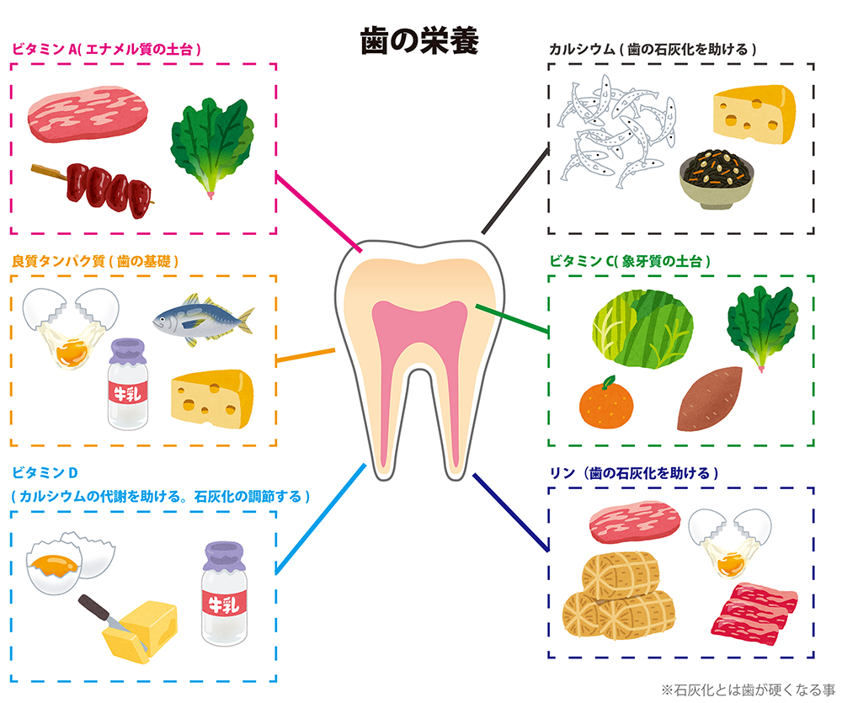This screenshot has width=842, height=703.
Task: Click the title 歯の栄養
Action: tap(419, 41)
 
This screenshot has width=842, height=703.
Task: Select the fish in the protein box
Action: tap(204, 321)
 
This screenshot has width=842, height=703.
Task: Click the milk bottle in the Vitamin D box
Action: tap(225, 594)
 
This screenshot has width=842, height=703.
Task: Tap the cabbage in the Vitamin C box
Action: tap(642, 328)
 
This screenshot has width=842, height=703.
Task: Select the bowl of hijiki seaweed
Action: tap(717, 180)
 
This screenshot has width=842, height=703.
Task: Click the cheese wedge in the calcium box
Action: tap(754, 114)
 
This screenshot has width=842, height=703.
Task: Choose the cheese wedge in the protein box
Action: tap(212, 398)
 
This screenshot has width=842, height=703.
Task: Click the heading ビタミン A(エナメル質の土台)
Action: tap(106, 50)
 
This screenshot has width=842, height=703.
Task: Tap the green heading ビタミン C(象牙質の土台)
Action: tap(629, 262)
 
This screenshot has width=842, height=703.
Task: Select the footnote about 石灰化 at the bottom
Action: tap(748, 690)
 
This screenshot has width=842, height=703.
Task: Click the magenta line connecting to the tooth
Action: tap(318, 212)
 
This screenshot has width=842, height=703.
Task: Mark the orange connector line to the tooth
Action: tap(305, 355)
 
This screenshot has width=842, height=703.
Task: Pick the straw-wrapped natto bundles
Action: tap(619, 596)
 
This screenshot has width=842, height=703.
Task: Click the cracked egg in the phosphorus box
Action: tap(730, 542)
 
